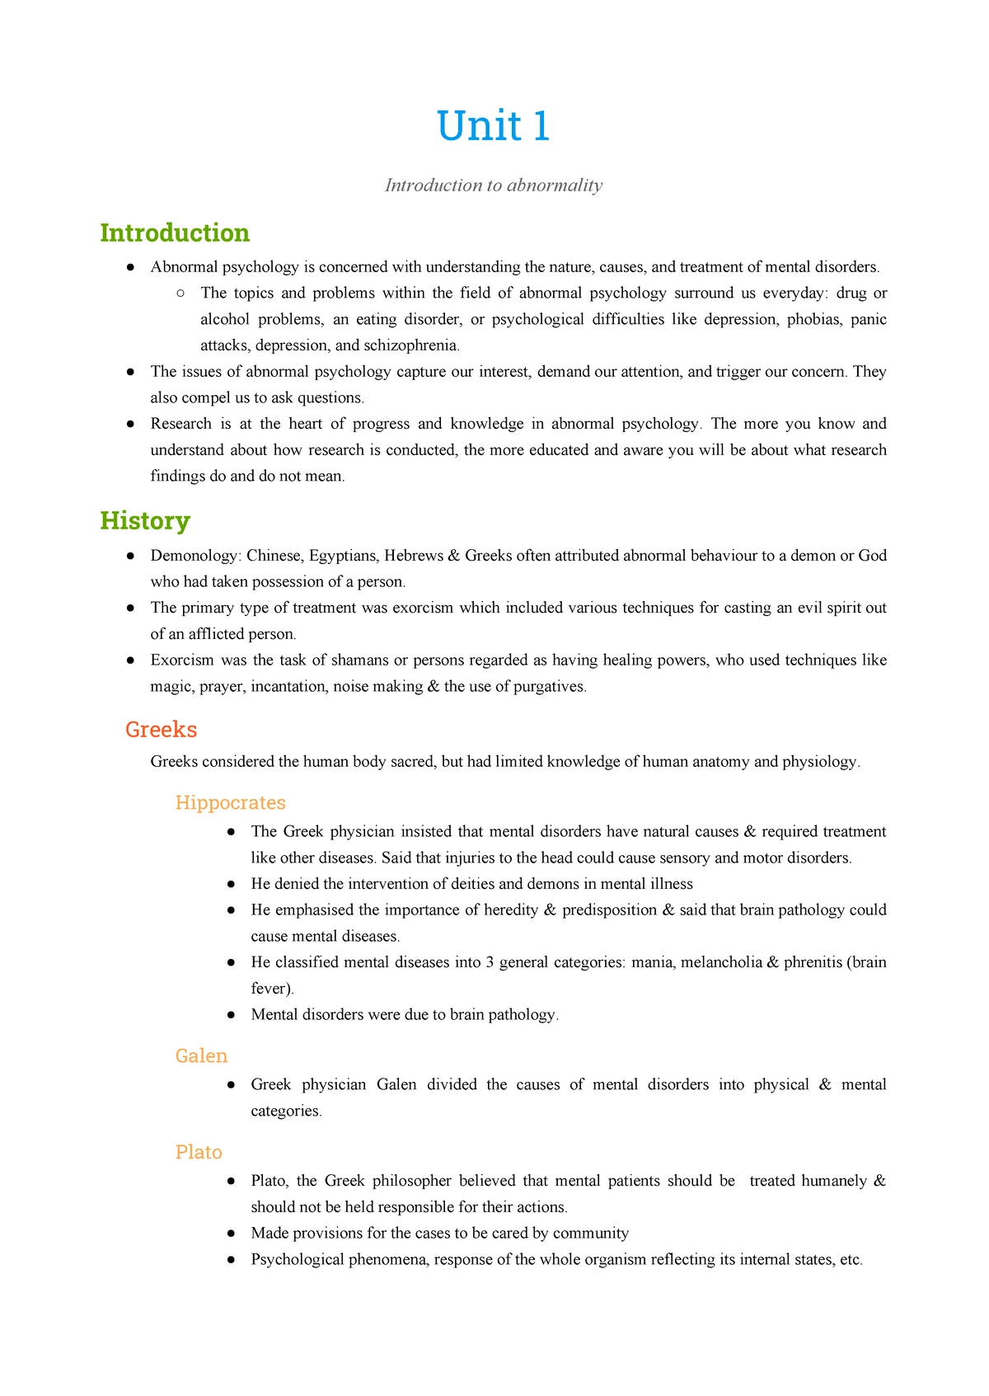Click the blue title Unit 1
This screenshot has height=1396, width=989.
[493, 126]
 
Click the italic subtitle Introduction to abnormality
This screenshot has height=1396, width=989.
[493, 186]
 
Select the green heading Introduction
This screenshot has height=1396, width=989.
[175, 233]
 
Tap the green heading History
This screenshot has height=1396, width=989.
[145, 521]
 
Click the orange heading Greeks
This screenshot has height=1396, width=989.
[161, 730]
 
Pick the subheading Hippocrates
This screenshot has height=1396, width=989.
[230, 803]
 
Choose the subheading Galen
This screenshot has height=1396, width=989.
[201, 1056]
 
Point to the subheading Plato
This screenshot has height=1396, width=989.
[199, 1153]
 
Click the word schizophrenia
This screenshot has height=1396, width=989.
[410, 345]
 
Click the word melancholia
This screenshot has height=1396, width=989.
[720, 962]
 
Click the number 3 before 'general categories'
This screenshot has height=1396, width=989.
[490, 962]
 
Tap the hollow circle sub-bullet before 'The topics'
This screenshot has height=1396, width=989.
[180, 293]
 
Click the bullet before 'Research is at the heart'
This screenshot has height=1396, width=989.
[130, 424]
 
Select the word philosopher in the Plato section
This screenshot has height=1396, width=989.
[411, 1181]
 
